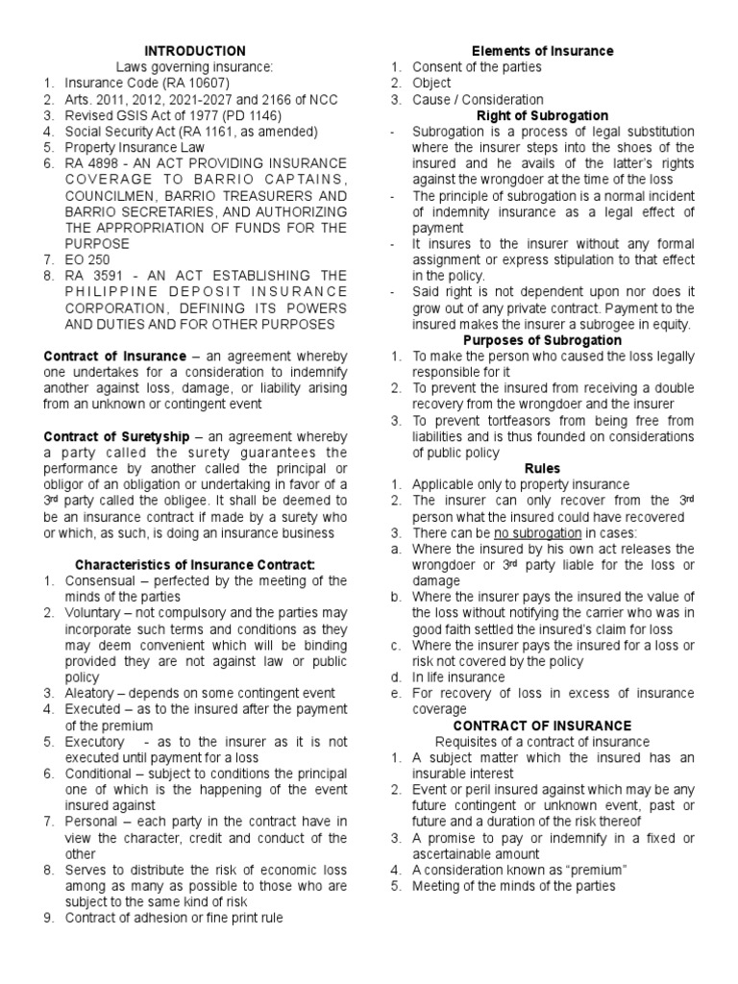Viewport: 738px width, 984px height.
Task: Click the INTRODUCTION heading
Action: point(195,51)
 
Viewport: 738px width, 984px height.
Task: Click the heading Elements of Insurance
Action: point(542,51)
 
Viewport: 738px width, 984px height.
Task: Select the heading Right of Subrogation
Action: point(542,115)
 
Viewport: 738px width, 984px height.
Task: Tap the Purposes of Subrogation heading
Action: point(542,340)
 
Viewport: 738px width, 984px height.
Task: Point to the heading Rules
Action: point(542,469)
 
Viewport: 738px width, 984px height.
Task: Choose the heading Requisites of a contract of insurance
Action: point(542,742)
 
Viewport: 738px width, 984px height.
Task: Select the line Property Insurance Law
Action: point(135,147)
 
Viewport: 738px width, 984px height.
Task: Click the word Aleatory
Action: point(94,693)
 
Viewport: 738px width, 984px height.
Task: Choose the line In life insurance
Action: point(457,677)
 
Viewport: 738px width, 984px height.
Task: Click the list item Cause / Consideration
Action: point(478,99)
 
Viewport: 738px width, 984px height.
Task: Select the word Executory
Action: point(94,742)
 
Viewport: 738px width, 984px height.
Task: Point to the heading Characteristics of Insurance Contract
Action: point(195,565)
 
